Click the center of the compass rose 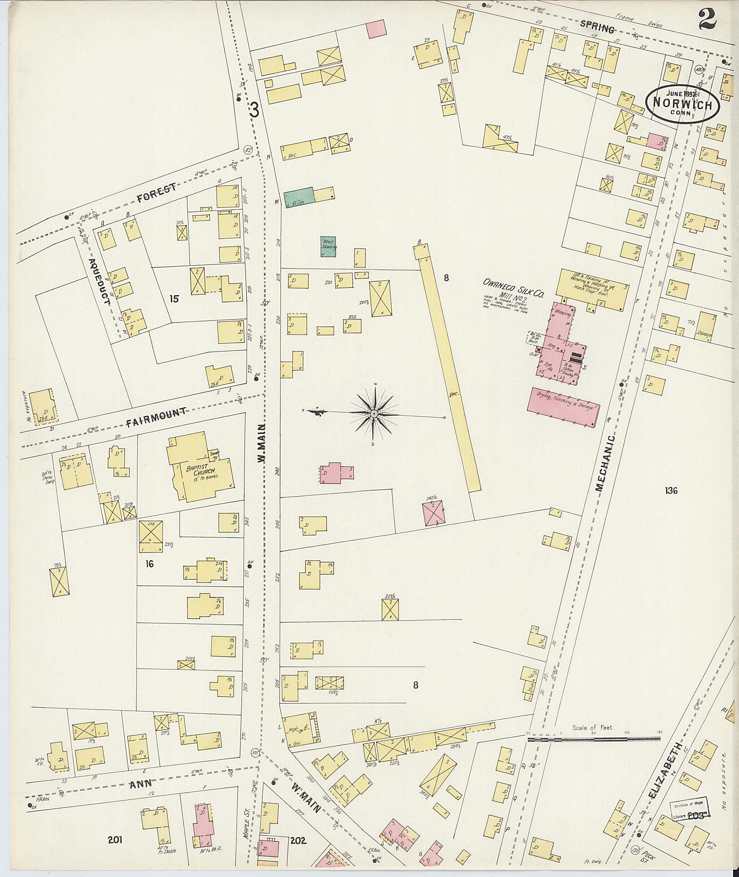tap(373, 413)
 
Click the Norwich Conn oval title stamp tap(682, 104)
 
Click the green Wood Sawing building tap(328, 247)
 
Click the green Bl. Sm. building tap(298, 197)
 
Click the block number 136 tap(671, 490)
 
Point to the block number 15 tap(174, 299)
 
